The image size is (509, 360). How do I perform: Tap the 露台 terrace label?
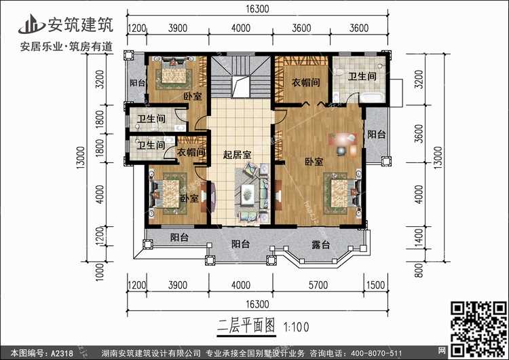coord(320,244)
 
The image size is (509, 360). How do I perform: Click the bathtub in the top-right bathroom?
coord(373,98)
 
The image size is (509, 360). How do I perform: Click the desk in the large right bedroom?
coord(343,142)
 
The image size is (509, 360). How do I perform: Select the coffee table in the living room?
coord(250,192)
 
